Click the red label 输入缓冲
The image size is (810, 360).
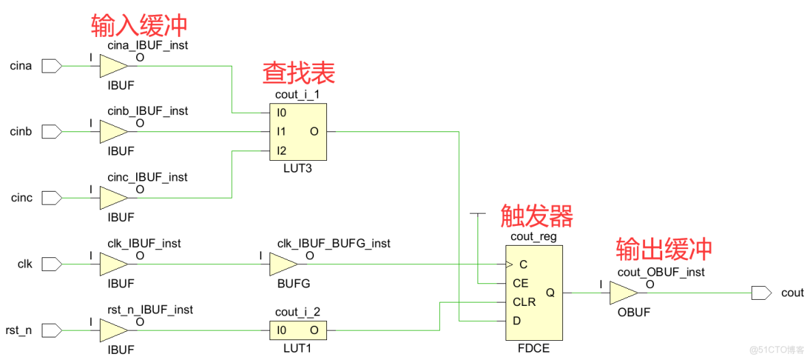click(x=139, y=25)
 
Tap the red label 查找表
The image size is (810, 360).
click(x=299, y=73)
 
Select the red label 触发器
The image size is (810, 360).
click(x=536, y=216)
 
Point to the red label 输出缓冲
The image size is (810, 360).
click(x=664, y=248)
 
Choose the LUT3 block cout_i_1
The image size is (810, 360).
click(x=298, y=131)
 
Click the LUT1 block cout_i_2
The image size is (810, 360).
click(x=298, y=330)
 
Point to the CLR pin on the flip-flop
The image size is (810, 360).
click(x=524, y=302)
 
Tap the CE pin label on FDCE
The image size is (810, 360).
click(x=520, y=283)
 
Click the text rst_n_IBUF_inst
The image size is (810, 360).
click(x=150, y=309)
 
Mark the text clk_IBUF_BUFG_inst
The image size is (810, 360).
click(x=334, y=243)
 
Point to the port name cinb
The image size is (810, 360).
click(x=21, y=131)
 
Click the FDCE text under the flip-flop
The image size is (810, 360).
click(x=534, y=349)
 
